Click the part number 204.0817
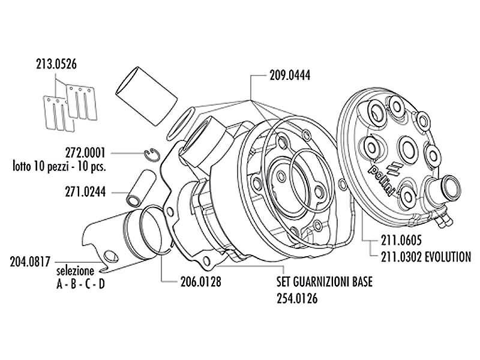pyautogui.click(x=30, y=262)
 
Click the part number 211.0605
pyautogui.click(x=401, y=241)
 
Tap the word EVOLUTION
pyautogui.click(x=446, y=257)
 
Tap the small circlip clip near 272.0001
pyautogui.click(x=152, y=155)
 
